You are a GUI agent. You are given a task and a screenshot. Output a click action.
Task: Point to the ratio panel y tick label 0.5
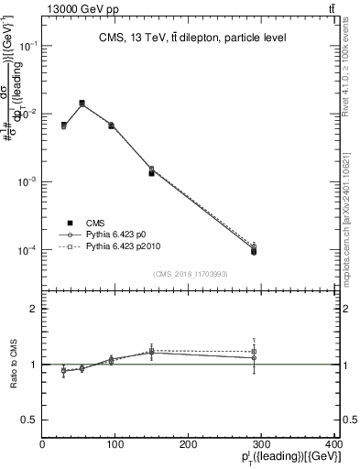[x=29, y=420]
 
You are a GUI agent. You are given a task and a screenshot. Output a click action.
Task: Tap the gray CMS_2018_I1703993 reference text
[x=191, y=272]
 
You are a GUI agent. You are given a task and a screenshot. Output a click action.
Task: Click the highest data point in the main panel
[x=82, y=104]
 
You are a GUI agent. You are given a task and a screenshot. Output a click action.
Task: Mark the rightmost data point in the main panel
[x=254, y=250]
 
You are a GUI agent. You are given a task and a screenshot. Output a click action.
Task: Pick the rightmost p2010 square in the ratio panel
[x=254, y=352]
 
